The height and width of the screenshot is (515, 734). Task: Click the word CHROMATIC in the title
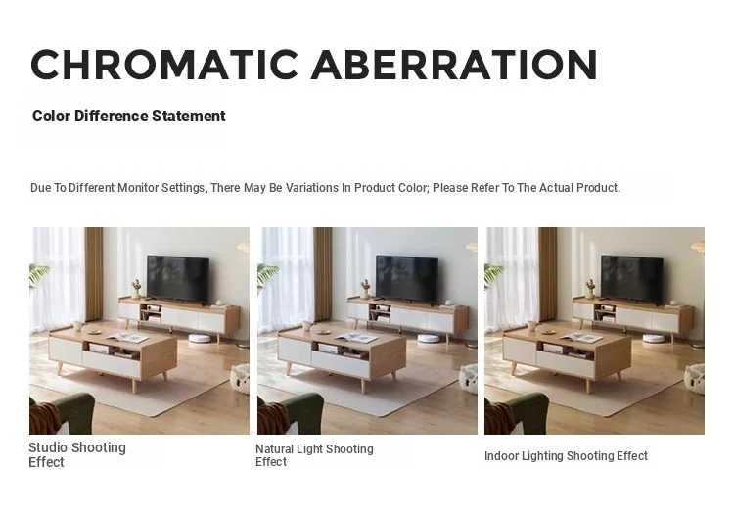coord(164,65)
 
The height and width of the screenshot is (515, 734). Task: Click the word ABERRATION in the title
coord(454,65)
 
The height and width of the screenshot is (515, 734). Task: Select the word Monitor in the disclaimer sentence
coord(138,188)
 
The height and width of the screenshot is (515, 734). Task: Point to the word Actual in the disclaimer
coord(556,188)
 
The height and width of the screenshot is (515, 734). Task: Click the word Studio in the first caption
coord(48,447)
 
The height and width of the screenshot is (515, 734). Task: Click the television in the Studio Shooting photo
coord(178,278)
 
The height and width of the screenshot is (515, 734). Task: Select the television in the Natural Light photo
coord(407,279)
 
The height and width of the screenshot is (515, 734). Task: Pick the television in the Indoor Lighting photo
coord(632,279)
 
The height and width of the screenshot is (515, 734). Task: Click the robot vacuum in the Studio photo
coord(199,338)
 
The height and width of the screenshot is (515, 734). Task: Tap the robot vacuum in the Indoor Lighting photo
coord(654,338)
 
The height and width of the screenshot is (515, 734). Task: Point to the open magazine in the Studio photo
coord(127,337)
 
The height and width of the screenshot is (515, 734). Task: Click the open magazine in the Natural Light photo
coord(356,338)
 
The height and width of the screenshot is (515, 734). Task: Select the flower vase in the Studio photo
coord(136,289)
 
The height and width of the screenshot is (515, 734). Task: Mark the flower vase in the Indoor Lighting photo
coord(590,289)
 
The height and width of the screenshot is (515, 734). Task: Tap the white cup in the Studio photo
coord(77,325)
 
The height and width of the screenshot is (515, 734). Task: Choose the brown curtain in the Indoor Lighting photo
coord(548,274)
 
